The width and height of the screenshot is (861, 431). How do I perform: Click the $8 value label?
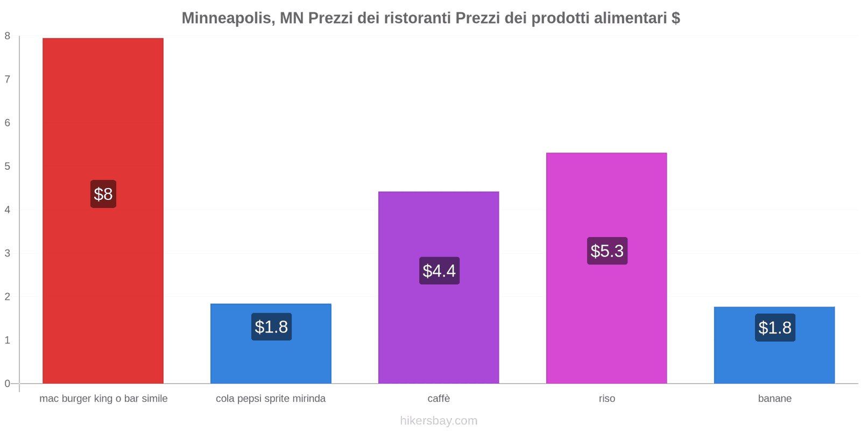(x=103, y=194)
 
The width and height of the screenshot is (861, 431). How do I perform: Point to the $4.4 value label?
(x=439, y=270)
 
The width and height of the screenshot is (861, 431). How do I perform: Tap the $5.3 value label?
(x=607, y=251)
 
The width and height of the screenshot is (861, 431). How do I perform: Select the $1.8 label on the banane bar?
(x=775, y=328)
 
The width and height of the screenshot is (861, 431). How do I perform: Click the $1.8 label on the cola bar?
(x=271, y=326)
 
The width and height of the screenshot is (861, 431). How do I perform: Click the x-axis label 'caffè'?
(x=439, y=399)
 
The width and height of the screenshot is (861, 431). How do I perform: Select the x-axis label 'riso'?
(x=606, y=399)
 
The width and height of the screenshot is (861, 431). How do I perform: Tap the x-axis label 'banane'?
(x=774, y=399)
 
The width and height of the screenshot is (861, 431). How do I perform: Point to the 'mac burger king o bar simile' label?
(x=103, y=399)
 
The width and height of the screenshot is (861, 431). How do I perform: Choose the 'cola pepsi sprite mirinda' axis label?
(x=271, y=399)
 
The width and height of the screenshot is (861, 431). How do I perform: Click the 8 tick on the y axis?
(x=8, y=36)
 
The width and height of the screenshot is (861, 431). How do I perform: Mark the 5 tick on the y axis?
(x=8, y=166)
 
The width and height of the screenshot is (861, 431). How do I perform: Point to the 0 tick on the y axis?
(x=8, y=384)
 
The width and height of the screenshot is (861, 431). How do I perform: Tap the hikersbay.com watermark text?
(x=439, y=421)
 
